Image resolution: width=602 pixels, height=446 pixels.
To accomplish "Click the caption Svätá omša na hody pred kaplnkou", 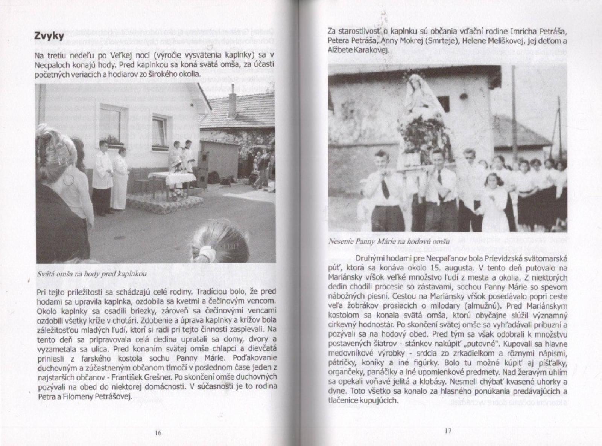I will click(92, 274).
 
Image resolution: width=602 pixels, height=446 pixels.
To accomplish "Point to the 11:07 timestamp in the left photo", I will click(231, 247).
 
